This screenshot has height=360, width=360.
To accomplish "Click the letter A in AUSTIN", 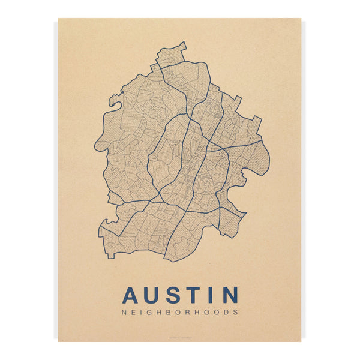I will pyautogui.click(x=131, y=295).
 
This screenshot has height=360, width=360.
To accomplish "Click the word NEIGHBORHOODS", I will pyautogui.click(x=180, y=312).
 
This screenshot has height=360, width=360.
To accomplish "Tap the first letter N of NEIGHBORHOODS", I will pyautogui.click(x=124, y=312).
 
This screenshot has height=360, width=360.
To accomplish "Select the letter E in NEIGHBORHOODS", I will pyautogui.click(x=133, y=312).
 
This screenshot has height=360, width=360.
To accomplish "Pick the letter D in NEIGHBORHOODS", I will pyautogui.click(x=227, y=312).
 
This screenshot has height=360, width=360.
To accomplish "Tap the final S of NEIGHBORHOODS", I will pyautogui.click(x=236, y=312).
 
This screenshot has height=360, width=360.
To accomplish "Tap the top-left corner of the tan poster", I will pyautogui.click(x=58, y=19).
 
